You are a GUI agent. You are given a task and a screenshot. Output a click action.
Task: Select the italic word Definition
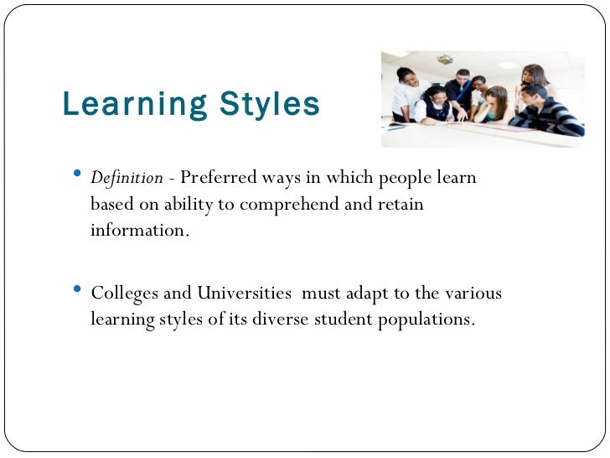pos(127,178)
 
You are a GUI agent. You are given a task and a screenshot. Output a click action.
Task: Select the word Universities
pos(244,294)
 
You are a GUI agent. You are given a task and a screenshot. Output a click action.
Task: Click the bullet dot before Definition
pos(78,174)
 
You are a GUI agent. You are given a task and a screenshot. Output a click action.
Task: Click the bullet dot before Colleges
pos(78,290)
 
